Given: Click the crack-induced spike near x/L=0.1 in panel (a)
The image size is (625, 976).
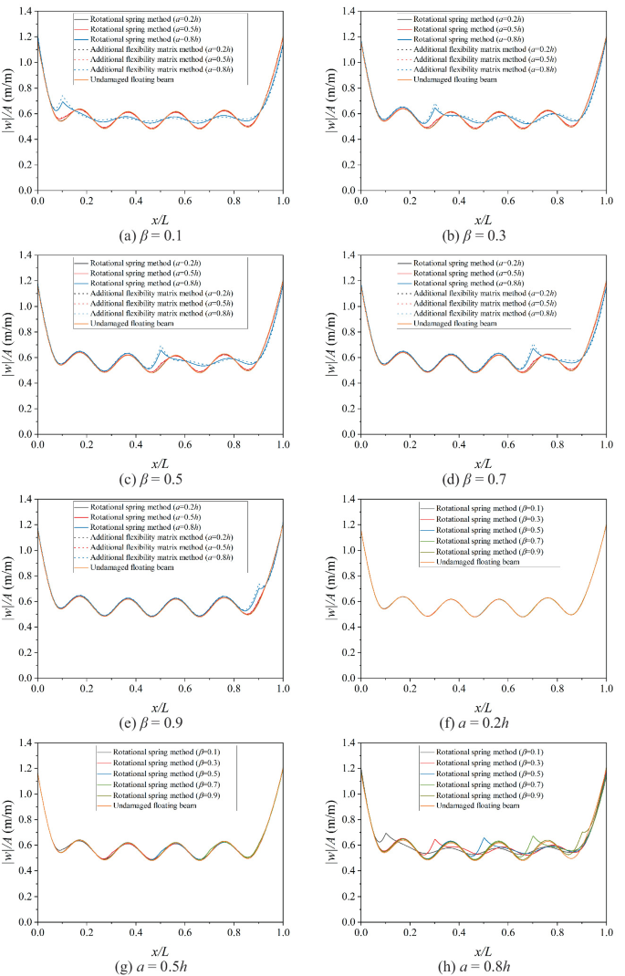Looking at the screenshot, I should pyautogui.click(x=62, y=96).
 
